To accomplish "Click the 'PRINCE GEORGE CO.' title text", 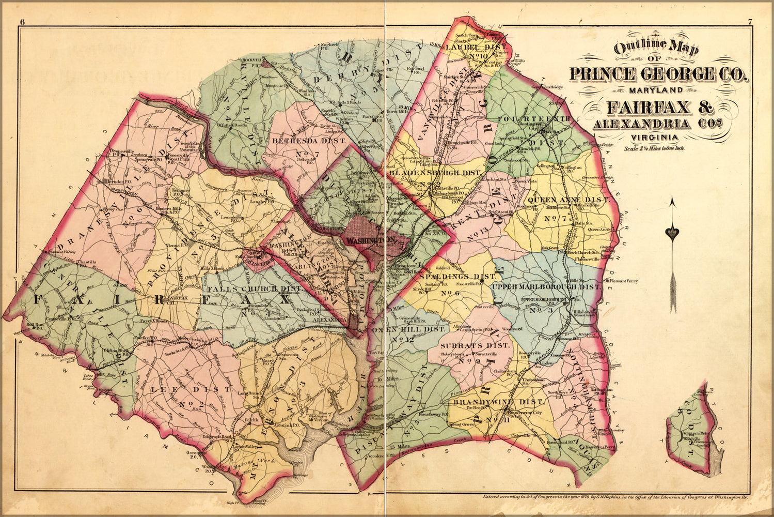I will pos(658,74).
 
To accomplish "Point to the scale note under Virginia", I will pos(654,148).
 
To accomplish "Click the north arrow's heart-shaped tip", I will pos(671,233).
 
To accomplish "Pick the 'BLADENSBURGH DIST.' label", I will pos(436,172).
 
